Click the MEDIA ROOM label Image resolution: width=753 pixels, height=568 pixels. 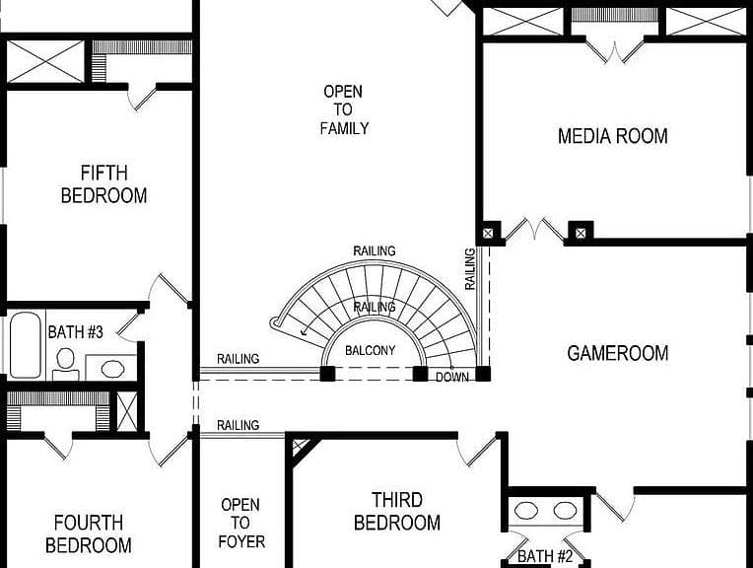click(x=613, y=136)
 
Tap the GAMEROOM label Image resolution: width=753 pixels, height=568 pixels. click(x=618, y=353)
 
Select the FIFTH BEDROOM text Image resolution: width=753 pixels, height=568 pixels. click(x=103, y=184)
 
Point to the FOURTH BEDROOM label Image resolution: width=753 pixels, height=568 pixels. click(x=89, y=533)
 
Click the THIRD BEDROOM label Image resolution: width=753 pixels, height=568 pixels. click(x=397, y=511)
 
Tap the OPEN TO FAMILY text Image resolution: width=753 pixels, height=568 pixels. click(x=344, y=109)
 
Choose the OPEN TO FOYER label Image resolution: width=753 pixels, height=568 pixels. click(x=241, y=523)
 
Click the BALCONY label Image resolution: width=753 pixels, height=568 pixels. click(x=371, y=350)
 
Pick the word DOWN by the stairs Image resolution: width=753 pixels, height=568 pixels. click(x=451, y=378)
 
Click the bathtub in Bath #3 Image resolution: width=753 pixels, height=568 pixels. click(x=25, y=344)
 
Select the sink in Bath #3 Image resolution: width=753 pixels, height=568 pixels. click(x=113, y=369)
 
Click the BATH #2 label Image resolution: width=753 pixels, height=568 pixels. click(x=545, y=556)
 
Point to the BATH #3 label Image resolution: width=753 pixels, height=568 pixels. click(x=75, y=332)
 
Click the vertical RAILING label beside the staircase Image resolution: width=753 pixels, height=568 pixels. click(x=470, y=268)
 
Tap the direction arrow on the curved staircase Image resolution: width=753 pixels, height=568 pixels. click(x=305, y=330)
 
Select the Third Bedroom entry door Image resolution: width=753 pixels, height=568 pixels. click(x=476, y=450)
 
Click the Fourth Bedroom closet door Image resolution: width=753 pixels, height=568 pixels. click(x=58, y=445)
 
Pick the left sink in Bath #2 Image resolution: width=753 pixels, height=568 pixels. click(x=526, y=511)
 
